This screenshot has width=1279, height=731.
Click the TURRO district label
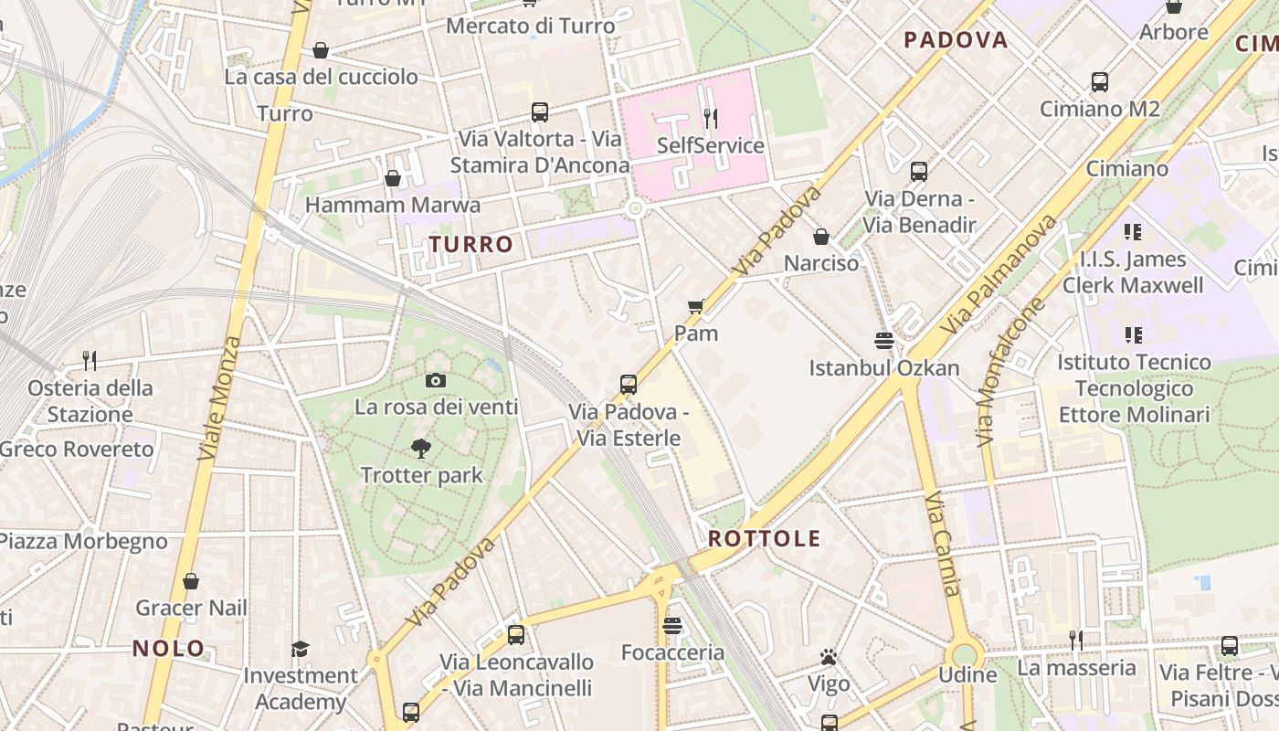471,244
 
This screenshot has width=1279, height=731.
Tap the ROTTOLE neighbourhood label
764,538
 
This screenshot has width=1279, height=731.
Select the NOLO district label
169,648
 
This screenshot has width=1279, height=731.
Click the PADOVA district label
956,39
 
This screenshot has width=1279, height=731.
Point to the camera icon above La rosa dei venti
436,380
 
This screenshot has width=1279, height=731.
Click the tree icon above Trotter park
421,448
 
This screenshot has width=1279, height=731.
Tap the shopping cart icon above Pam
696,306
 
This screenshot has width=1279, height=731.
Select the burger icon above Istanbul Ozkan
883,341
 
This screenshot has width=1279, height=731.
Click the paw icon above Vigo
829,657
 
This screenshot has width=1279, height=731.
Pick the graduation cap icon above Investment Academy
300,649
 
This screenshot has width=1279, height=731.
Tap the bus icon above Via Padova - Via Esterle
629,385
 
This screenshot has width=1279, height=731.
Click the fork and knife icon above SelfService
710,118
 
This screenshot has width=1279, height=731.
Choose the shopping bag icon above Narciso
821,237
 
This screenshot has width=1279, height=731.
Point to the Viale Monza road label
218,398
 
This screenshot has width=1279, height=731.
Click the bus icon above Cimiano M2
1100,82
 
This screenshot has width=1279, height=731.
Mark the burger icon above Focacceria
672,626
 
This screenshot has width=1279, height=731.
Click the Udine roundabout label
967,675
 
